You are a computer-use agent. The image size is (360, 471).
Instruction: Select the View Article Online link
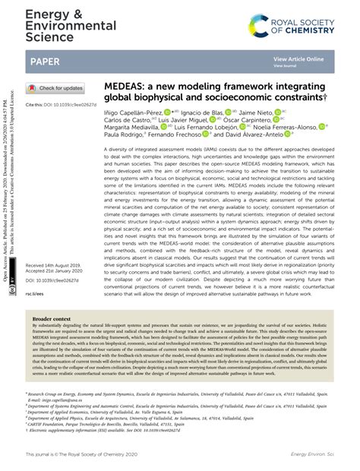pos(298,58)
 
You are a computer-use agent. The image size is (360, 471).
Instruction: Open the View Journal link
pos(285,66)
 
